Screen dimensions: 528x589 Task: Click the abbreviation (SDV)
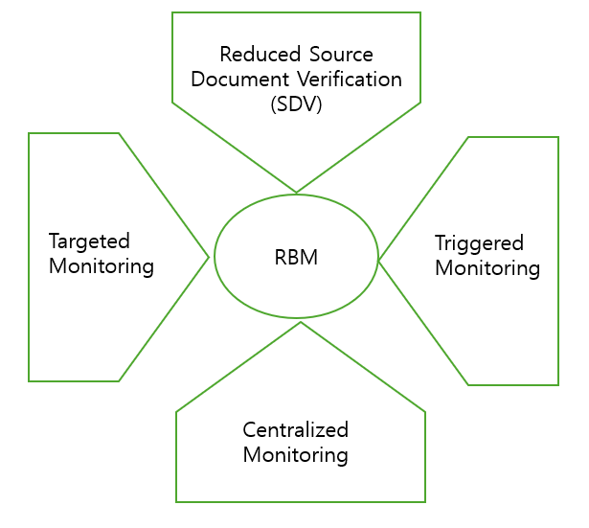click(x=295, y=103)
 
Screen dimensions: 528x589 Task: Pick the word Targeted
click(x=89, y=241)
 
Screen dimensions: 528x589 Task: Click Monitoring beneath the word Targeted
click(x=102, y=265)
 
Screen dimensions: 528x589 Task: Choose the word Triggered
click(x=479, y=242)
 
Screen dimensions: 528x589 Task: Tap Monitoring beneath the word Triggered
click(x=487, y=267)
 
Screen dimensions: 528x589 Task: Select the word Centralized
click(x=295, y=429)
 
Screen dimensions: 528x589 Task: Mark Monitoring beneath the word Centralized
click(x=295, y=454)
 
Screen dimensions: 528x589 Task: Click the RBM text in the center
click(x=295, y=257)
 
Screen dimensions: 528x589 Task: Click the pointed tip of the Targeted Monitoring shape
click(x=209, y=256)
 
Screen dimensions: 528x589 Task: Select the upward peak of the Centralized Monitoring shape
click(x=301, y=322)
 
